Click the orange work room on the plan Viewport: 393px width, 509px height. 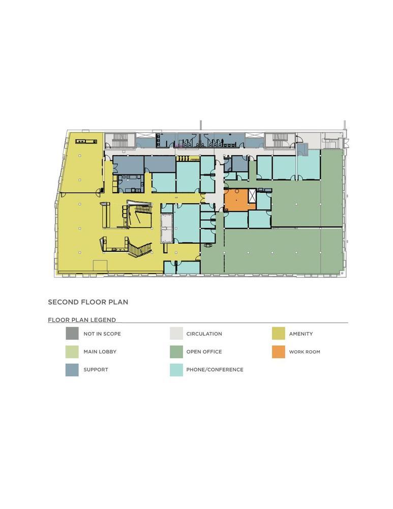(x=235, y=200)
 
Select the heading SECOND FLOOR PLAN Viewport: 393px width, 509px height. (x=88, y=302)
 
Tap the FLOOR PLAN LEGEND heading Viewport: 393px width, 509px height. (x=82, y=320)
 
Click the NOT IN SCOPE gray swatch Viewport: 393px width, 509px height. (x=72, y=334)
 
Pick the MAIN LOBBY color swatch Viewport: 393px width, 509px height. (x=72, y=352)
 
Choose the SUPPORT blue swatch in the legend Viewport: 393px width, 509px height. (x=72, y=370)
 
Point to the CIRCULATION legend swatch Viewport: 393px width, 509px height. (x=176, y=334)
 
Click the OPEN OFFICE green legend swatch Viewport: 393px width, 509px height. (x=176, y=352)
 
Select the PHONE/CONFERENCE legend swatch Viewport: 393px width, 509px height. (x=176, y=370)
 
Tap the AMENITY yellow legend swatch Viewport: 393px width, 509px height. (x=279, y=334)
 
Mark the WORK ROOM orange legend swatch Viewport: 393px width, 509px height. (x=279, y=352)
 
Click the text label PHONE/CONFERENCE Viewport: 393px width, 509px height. (x=215, y=370)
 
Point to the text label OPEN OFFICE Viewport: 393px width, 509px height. (x=204, y=352)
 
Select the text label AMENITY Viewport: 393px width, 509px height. (x=301, y=334)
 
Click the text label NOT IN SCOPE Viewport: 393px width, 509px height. (x=102, y=334)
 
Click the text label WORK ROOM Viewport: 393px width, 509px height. (x=305, y=352)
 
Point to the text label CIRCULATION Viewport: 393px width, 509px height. (x=204, y=334)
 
